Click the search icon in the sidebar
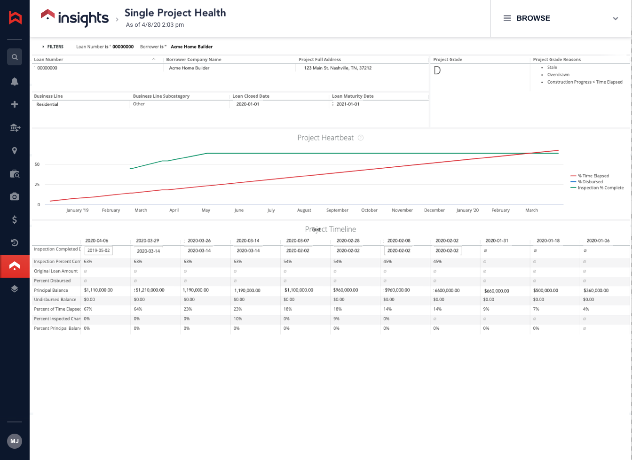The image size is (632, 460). [x=15, y=57]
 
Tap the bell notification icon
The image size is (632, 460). [x=15, y=81]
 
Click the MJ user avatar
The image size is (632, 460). [x=15, y=441]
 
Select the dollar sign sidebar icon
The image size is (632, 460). [x=15, y=219]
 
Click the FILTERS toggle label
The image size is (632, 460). [x=55, y=47]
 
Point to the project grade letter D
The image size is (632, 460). [x=437, y=71]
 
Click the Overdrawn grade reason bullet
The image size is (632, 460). [x=558, y=75]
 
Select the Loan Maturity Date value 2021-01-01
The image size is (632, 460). [x=348, y=104]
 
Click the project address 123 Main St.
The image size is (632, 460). [x=338, y=68]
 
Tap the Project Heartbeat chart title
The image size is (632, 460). [x=325, y=138]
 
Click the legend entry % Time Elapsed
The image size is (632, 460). [x=593, y=176]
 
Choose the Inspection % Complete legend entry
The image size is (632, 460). [x=600, y=188]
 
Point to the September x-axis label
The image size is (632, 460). [x=337, y=211]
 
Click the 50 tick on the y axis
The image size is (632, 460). [x=37, y=164]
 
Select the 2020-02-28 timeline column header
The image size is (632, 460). [x=348, y=241]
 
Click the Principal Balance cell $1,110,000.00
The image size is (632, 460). [x=98, y=290]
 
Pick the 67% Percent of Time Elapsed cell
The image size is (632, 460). [x=88, y=309]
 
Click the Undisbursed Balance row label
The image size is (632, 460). [x=55, y=300]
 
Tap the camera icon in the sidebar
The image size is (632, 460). [x=15, y=196]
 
